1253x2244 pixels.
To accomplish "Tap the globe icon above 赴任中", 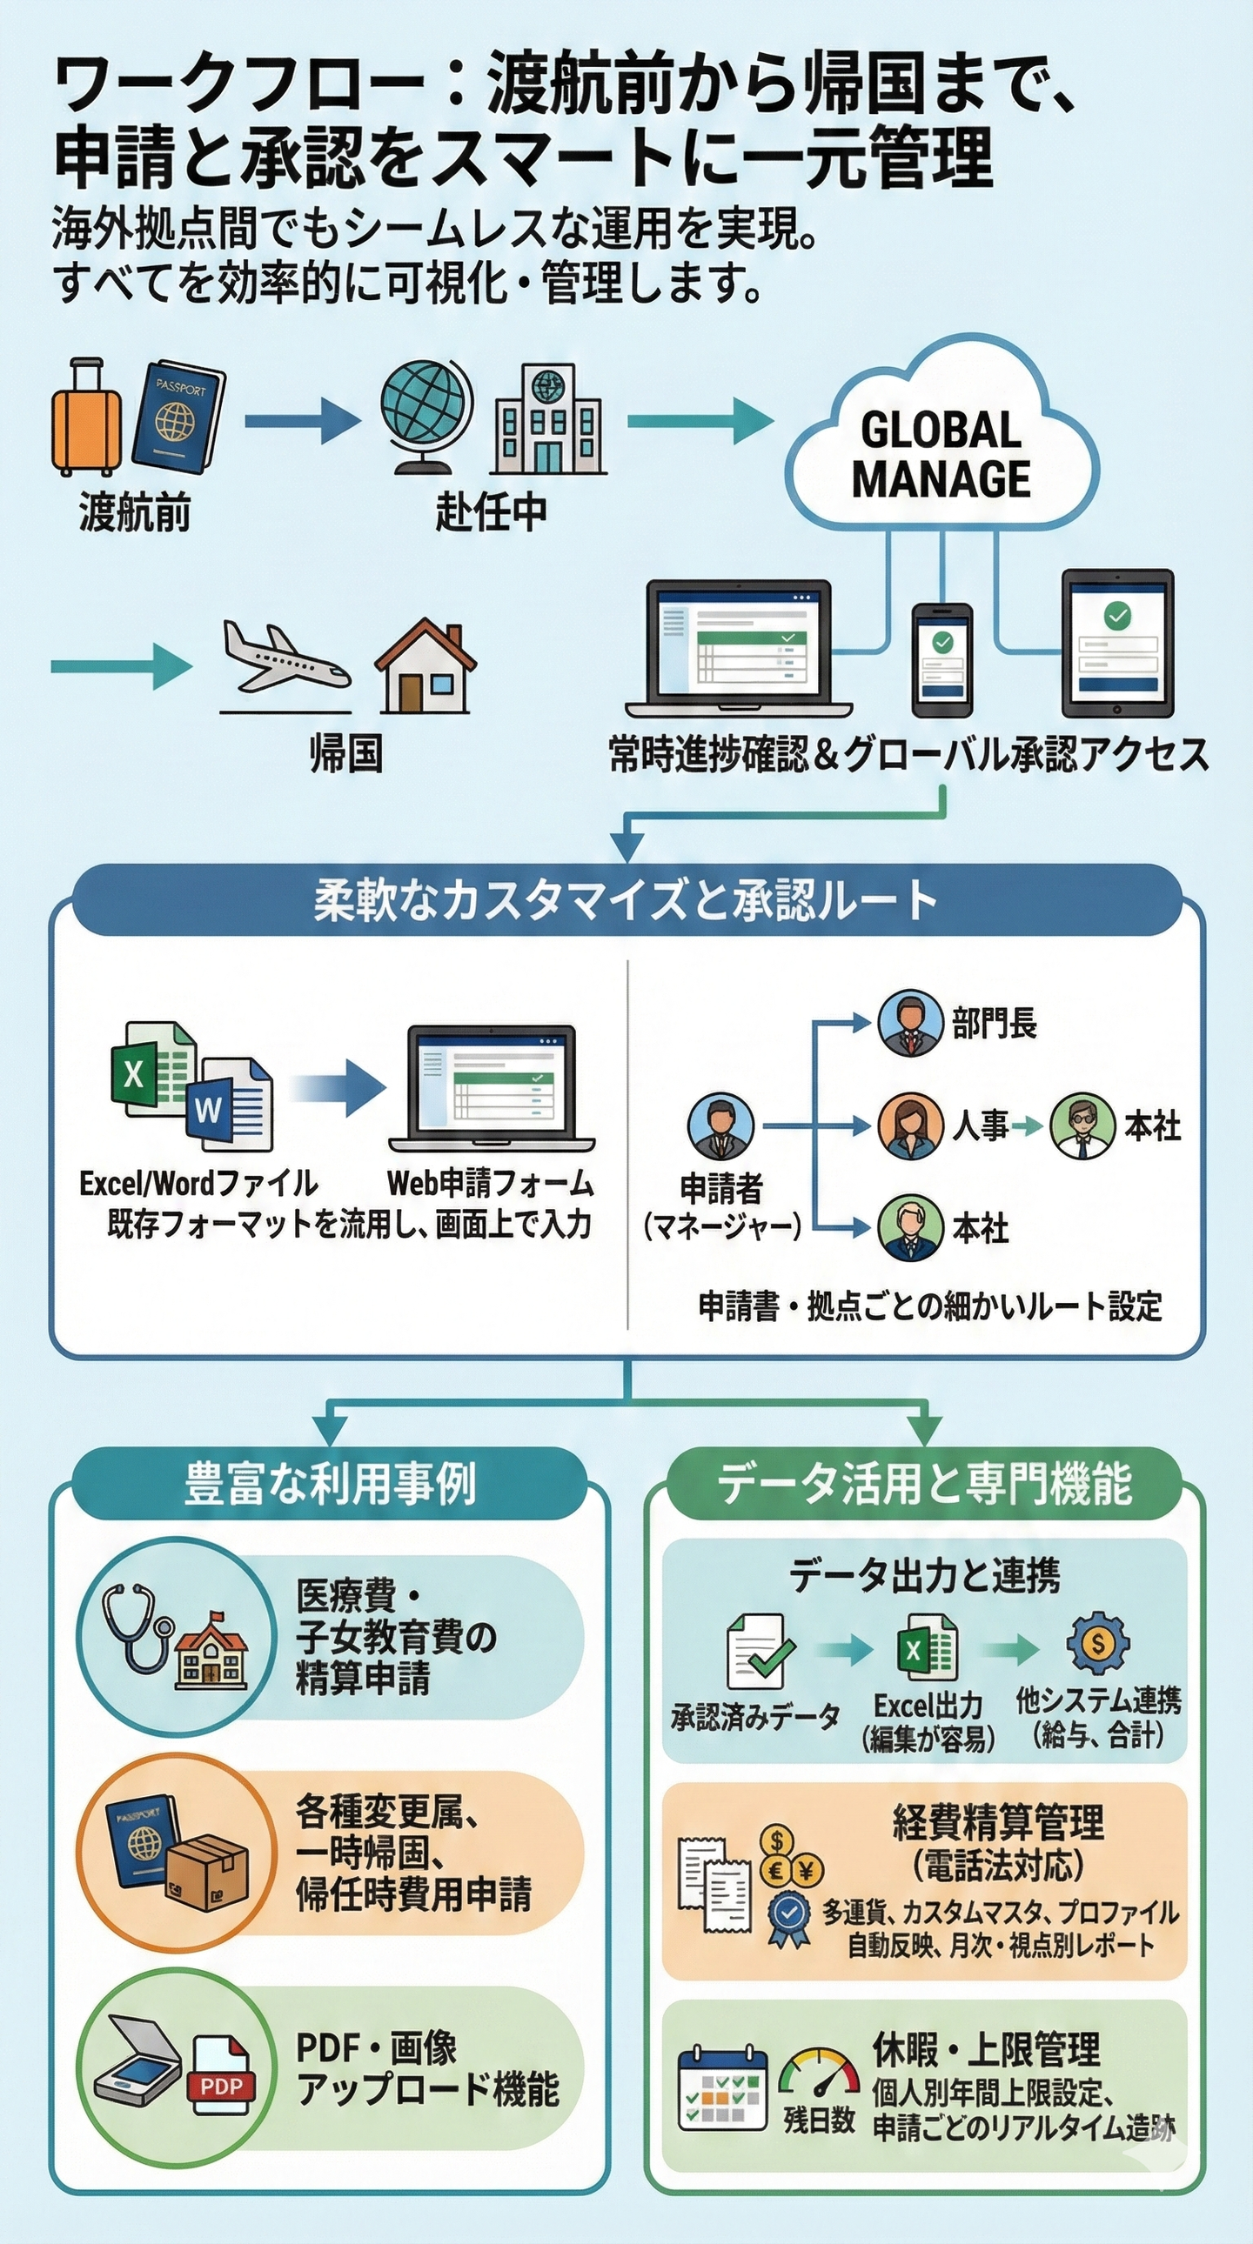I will pyautogui.click(x=426, y=413).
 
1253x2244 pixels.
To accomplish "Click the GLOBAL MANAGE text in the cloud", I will pyautogui.click(x=941, y=455).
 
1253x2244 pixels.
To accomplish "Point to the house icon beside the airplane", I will pyautogui.click(x=425, y=665).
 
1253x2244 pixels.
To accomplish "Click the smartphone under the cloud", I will pyautogui.click(x=942, y=659).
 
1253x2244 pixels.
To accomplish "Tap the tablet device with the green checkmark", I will pyautogui.click(x=1117, y=642).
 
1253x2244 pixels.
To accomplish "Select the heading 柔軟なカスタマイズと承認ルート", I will pyautogui.click(x=626, y=901).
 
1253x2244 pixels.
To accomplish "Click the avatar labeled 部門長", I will pyautogui.click(x=910, y=1023).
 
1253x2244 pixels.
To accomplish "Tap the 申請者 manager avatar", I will pyautogui.click(x=720, y=1126).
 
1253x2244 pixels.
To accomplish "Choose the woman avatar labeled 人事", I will pyautogui.click(x=910, y=1126).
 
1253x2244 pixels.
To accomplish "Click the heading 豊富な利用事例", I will pyautogui.click(x=331, y=1484).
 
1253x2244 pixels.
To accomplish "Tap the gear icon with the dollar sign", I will pyautogui.click(x=1098, y=1643).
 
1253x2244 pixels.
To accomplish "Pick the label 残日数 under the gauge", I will pyautogui.click(x=818, y=2119).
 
